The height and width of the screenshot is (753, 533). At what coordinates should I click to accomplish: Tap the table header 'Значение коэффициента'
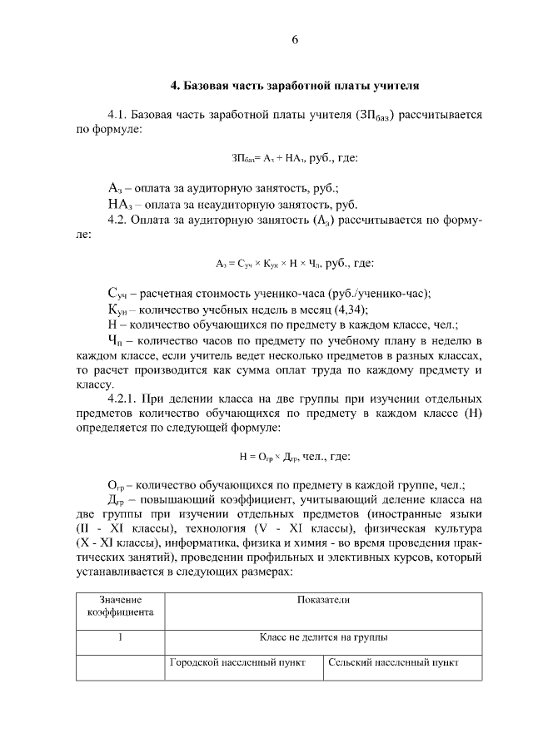click(120, 606)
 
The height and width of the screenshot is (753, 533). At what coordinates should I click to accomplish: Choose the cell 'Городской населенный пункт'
click(238, 664)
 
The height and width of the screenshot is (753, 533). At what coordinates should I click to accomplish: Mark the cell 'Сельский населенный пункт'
click(394, 664)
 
